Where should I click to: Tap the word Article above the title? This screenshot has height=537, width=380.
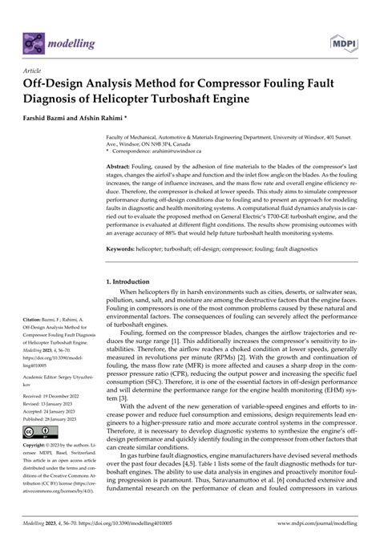click(37, 70)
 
